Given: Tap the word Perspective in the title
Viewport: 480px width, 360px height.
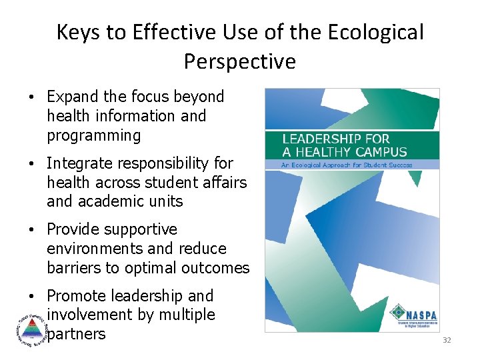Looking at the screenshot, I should click(239, 62).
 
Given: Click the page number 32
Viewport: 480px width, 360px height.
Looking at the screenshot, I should click(447, 341).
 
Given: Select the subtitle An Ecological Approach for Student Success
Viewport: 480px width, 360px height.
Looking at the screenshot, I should click(347, 165).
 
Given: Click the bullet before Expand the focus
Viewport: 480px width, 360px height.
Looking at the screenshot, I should click(32, 97).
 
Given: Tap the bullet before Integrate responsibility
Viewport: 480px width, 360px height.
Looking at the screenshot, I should click(32, 163).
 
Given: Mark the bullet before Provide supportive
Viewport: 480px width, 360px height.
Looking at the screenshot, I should click(32, 230).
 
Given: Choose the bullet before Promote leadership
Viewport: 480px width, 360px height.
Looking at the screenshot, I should click(32, 296).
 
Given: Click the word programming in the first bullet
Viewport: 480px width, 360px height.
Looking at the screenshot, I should click(94, 135).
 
